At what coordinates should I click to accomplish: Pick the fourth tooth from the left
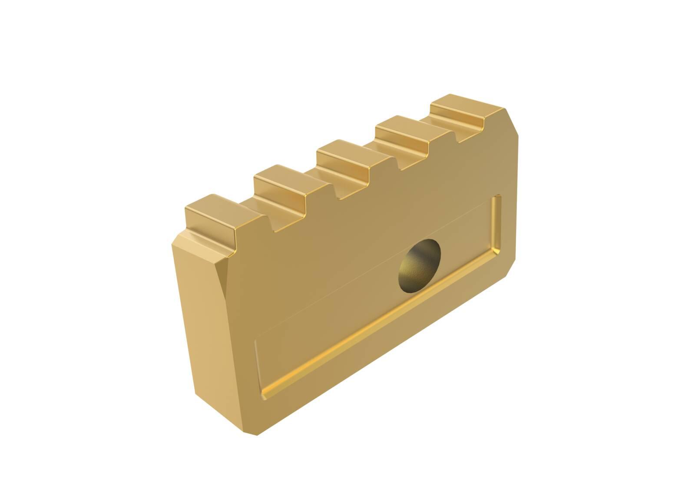point(402,132)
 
